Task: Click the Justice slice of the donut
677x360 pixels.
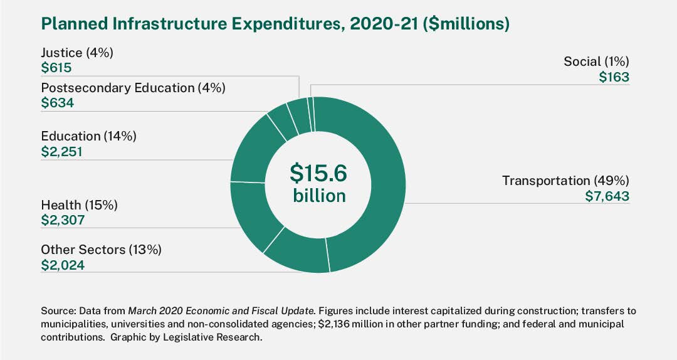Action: point(300,115)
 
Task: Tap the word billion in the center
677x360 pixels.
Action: point(319,196)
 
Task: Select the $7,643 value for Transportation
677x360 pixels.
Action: point(606,196)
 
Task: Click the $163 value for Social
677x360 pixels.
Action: point(614,77)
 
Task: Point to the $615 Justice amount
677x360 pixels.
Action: point(56,68)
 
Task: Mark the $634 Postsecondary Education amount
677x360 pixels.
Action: point(57,103)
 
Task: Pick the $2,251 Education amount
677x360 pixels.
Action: point(61,151)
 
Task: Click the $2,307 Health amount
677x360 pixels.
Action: point(62,220)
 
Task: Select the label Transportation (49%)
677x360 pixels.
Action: point(565,181)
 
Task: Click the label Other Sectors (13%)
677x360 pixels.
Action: point(101,250)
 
